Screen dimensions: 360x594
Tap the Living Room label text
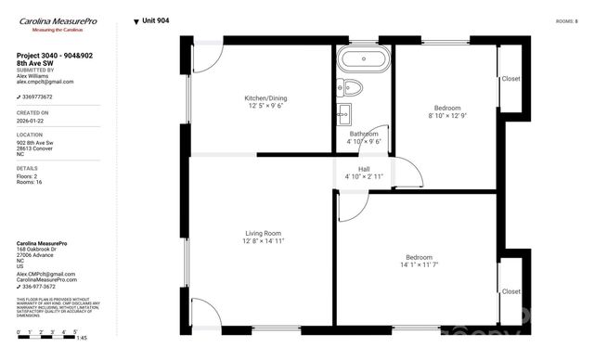pos(263,233)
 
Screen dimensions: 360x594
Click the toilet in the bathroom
pos(350,88)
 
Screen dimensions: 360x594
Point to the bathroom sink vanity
pos(344,115)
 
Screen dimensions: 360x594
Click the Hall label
pos(364,168)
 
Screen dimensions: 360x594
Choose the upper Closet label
pos(510,79)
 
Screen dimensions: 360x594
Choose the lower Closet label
pos(510,290)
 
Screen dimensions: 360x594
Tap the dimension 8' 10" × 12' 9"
pos(448,116)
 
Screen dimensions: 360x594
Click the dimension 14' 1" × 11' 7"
pos(419,265)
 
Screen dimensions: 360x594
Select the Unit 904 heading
pos(155,20)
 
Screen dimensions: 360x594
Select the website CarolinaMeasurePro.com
pos(47,279)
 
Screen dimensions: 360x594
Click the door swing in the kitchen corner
pos(206,58)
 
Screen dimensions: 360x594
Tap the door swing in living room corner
pos(204,311)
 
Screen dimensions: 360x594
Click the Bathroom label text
pos(364,134)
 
